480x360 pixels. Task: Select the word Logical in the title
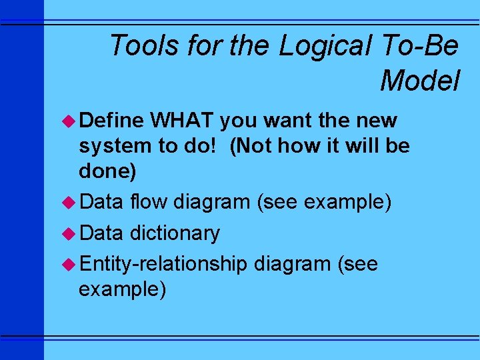pos(327,46)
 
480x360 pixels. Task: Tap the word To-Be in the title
pos(421,46)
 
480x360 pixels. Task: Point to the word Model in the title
pos(420,81)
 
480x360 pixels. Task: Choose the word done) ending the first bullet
pos(107,171)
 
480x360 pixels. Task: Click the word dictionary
pos(175,233)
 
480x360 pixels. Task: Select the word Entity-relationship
pos(163,265)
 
